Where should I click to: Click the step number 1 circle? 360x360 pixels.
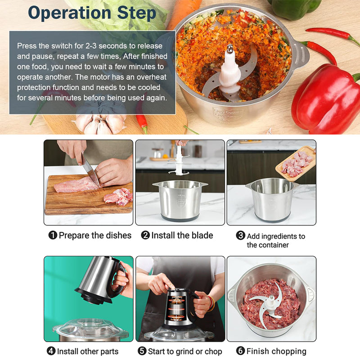pos(53,235)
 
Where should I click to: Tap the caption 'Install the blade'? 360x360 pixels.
pos(182,235)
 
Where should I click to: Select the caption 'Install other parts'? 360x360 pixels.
pos(88,351)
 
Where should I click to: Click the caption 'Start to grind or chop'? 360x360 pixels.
pos(184,351)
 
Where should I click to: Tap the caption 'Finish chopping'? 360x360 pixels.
pos(276,351)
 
